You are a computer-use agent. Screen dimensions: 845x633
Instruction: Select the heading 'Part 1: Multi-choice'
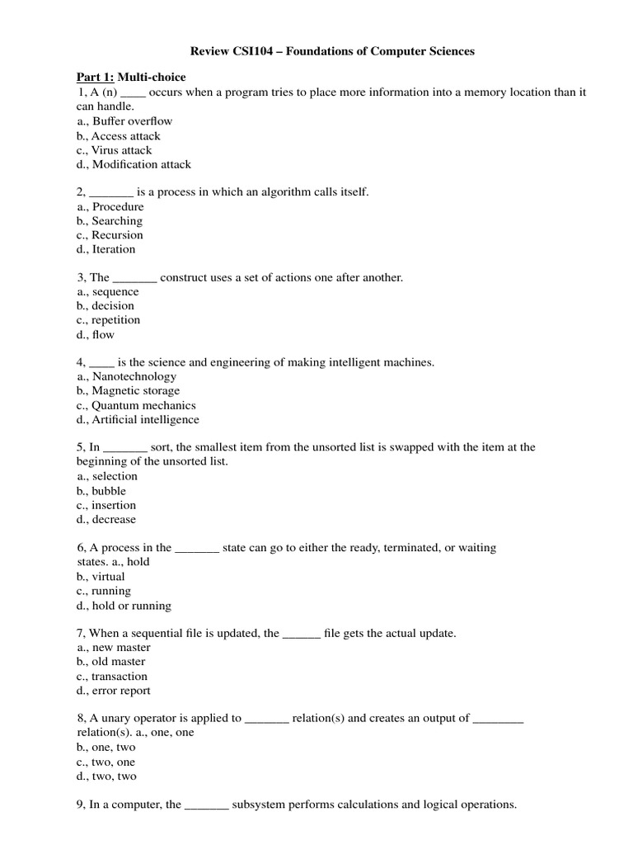click(x=132, y=78)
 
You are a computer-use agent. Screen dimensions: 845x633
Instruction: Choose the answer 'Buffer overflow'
click(x=132, y=121)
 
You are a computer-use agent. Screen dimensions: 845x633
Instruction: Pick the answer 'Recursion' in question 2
click(x=117, y=235)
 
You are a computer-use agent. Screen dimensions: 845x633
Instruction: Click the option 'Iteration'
click(x=114, y=249)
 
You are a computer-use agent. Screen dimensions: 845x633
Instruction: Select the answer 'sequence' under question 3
click(x=115, y=291)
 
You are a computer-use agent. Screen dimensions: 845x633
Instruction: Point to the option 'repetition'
click(x=116, y=320)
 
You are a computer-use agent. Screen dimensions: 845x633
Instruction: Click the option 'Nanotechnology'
click(x=134, y=376)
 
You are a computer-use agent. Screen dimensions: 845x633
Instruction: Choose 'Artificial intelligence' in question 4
click(x=146, y=419)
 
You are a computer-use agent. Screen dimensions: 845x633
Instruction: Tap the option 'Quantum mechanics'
click(x=143, y=405)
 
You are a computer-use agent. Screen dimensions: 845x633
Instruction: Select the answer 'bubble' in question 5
click(x=109, y=491)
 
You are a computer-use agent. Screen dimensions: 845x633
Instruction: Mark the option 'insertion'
click(x=114, y=505)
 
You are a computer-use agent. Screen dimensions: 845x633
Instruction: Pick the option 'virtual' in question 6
click(x=109, y=577)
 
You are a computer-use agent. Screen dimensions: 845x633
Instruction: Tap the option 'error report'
click(x=121, y=691)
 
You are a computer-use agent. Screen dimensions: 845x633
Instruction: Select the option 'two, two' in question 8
click(x=115, y=777)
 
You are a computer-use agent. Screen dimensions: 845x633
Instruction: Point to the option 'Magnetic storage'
click(x=136, y=391)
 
